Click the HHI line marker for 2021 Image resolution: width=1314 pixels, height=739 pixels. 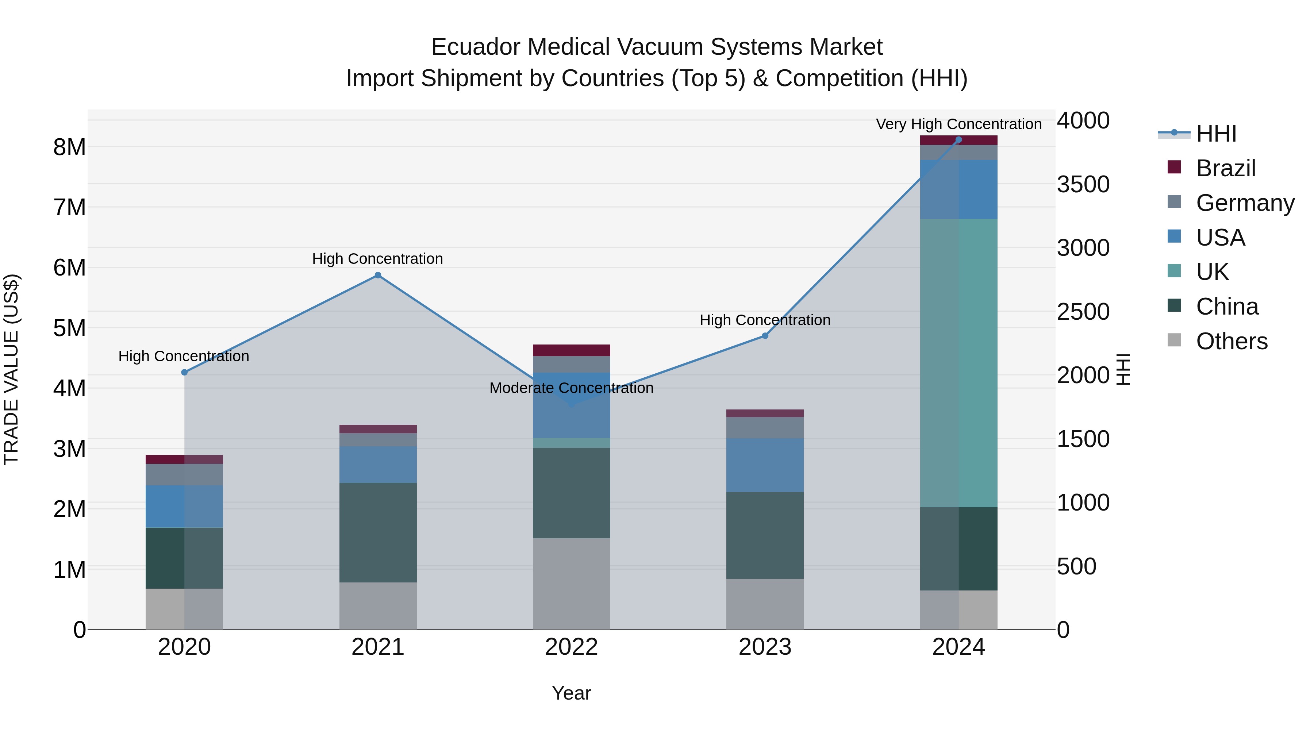pos(378,276)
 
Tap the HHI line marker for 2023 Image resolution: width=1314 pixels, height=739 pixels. pos(765,336)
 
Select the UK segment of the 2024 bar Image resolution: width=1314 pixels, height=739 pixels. pos(958,363)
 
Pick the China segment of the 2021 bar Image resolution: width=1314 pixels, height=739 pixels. pos(378,532)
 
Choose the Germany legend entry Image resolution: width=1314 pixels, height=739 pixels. pos(1245,203)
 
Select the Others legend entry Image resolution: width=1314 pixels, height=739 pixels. pos(1232,341)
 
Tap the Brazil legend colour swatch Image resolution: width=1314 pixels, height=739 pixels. pos(1174,167)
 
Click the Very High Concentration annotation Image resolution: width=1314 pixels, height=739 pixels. pos(958,124)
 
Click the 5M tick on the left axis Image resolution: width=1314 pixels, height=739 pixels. pos(69,328)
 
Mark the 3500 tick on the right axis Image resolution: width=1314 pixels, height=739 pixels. pos(1083,184)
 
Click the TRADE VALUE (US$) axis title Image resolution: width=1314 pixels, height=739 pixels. pos(12,369)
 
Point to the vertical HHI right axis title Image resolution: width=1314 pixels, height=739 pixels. pos(1123,369)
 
